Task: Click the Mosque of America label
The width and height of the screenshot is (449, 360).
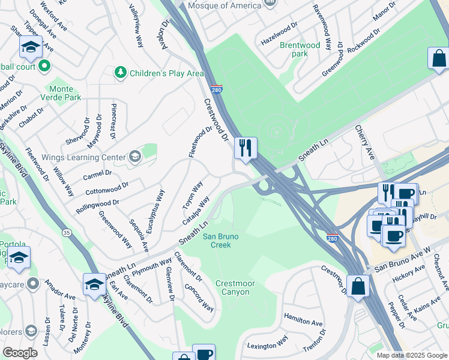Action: pos(224,5)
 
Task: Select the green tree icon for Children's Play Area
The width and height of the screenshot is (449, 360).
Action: pos(121,73)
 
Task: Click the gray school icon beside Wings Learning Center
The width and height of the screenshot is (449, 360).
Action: pos(134,157)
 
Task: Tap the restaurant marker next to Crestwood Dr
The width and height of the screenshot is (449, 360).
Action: pos(245,148)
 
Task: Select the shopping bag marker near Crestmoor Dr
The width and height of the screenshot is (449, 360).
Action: pos(358,286)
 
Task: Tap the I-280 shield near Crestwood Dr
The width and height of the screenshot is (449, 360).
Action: pos(217,89)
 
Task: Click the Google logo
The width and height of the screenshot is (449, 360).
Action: pos(20,353)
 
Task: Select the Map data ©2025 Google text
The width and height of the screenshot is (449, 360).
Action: pos(412,355)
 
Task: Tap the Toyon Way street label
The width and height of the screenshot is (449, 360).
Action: pos(193,195)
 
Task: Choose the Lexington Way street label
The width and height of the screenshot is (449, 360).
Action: pos(268,345)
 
